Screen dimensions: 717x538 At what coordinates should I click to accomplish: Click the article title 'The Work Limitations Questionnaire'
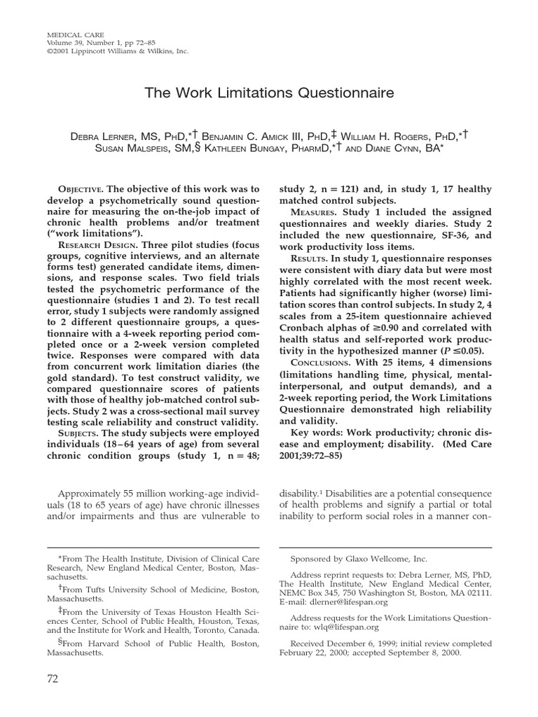tap(269, 93)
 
